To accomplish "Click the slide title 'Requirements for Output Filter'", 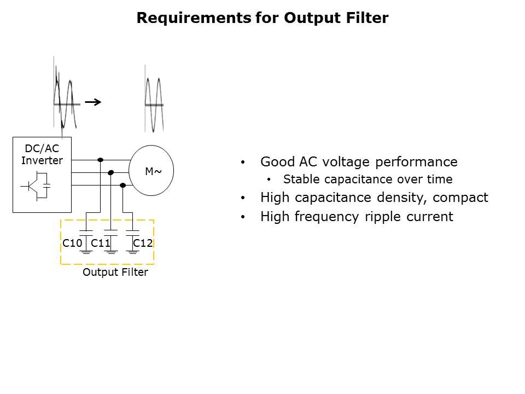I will pos(262,18).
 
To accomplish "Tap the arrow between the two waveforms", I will pos(94,102).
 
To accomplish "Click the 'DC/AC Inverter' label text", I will pos(42,155).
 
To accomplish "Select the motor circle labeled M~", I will pos(151,171).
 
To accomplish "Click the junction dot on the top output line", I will pos(100,160).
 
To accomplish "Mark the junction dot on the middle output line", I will pos(111,172).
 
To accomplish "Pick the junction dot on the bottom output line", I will pos(122,186).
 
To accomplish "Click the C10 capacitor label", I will pos(72,242).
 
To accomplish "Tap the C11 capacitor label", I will pos(101,242).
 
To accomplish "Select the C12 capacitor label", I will pos(143,242).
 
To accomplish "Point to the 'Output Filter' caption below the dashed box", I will pos(115,272).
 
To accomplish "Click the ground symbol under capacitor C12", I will pos(132,251).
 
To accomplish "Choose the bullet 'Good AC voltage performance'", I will pos(359,162).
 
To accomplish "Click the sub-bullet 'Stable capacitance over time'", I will pos(367,179).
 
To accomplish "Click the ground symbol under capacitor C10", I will pos(86,251).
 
